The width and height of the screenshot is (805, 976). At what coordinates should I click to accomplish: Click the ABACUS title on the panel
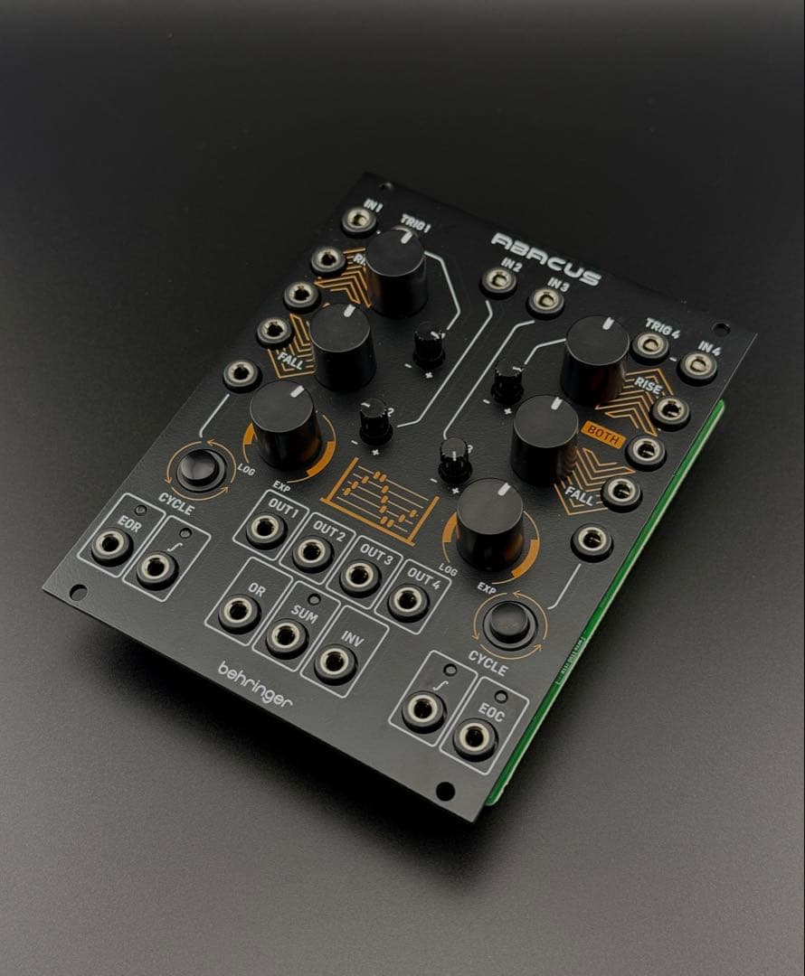pyautogui.click(x=545, y=257)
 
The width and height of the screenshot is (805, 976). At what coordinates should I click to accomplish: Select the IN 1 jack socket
pyautogui.click(x=360, y=221)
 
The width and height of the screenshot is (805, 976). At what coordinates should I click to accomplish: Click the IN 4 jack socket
pyautogui.click(x=697, y=366)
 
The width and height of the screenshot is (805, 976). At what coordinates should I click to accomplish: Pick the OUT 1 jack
pyautogui.click(x=266, y=530)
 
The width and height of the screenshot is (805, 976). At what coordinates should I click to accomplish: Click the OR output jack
pyautogui.click(x=239, y=613)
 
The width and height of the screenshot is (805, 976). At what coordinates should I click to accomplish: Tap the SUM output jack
pyautogui.click(x=287, y=638)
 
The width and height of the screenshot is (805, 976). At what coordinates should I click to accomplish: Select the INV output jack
pyautogui.click(x=335, y=663)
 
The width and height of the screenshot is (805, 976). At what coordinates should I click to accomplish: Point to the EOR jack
pyautogui.click(x=111, y=547)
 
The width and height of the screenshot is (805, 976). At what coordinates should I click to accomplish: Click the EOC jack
pyautogui.click(x=475, y=738)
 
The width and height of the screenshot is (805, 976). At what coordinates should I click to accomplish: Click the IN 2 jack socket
pyautogui.click(x=498, y=281)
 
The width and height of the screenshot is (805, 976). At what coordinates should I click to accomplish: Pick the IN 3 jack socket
pyautogui.click(x=546, y=301)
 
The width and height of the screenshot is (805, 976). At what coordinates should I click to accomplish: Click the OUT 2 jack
pyautogui.click(x=312, y=552)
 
